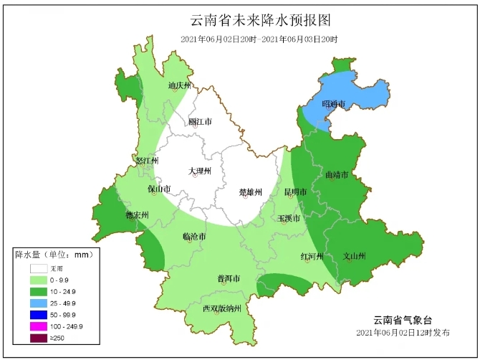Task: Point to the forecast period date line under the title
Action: point(259,39)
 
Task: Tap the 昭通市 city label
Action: point(333,104)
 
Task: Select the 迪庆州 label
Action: point(180,85)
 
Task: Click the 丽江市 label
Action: point(200,122)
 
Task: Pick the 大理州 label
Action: point(200,171)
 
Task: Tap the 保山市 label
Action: point(159,189)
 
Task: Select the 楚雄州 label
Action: point(251,192)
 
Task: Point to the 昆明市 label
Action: point(295,192)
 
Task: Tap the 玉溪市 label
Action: point(289,218)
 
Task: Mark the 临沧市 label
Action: point(194,237)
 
